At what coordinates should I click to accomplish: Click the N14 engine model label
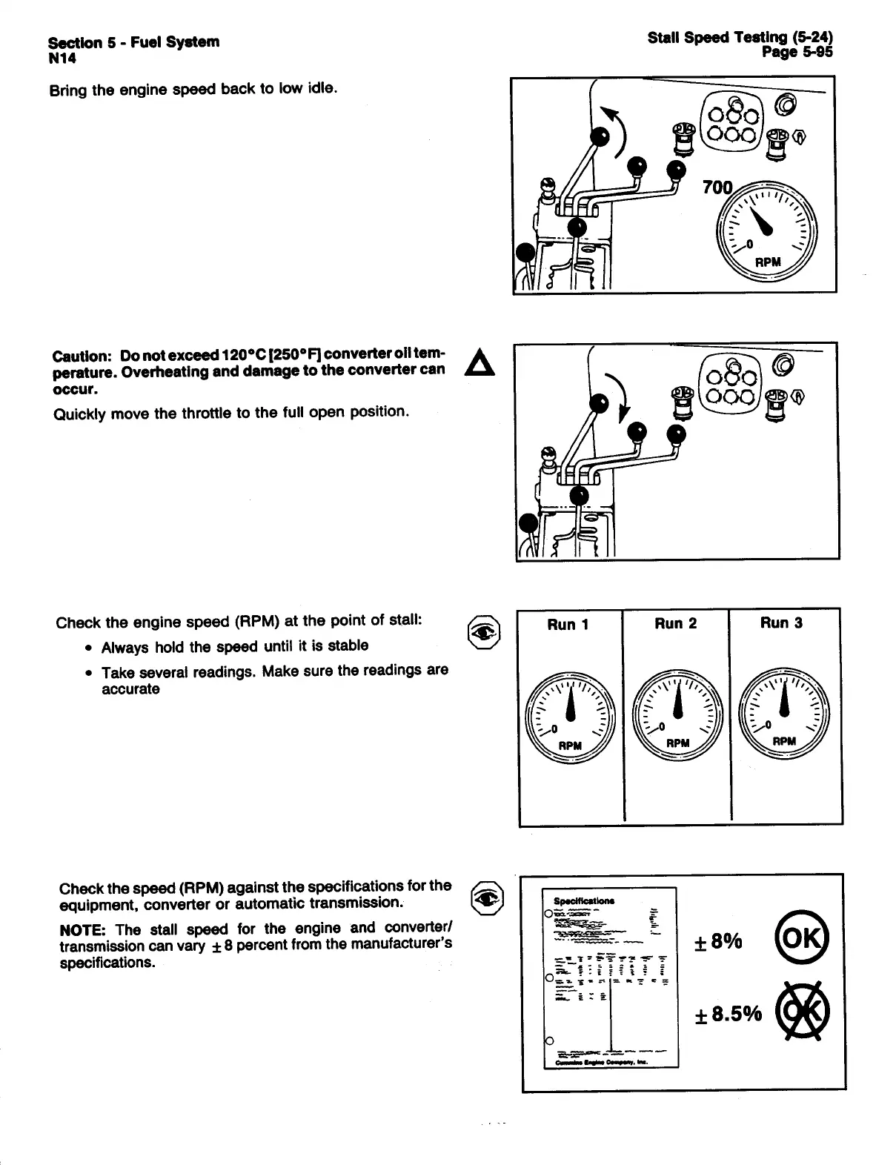tap(62, 59)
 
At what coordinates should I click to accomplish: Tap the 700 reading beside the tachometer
tap(717, 187)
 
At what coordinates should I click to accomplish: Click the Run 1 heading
tap(568, 624)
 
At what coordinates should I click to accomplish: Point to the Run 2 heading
tap(675, 623)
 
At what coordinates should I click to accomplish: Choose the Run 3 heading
tap(781, 623)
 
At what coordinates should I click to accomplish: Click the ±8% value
tap(717, 941)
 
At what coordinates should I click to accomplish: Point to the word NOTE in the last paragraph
tap(83, 929)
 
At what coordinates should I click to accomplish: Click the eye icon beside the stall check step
tap(487, 631)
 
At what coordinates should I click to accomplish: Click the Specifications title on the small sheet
tap(584, 900)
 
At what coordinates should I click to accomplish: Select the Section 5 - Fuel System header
tap(133, 42)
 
